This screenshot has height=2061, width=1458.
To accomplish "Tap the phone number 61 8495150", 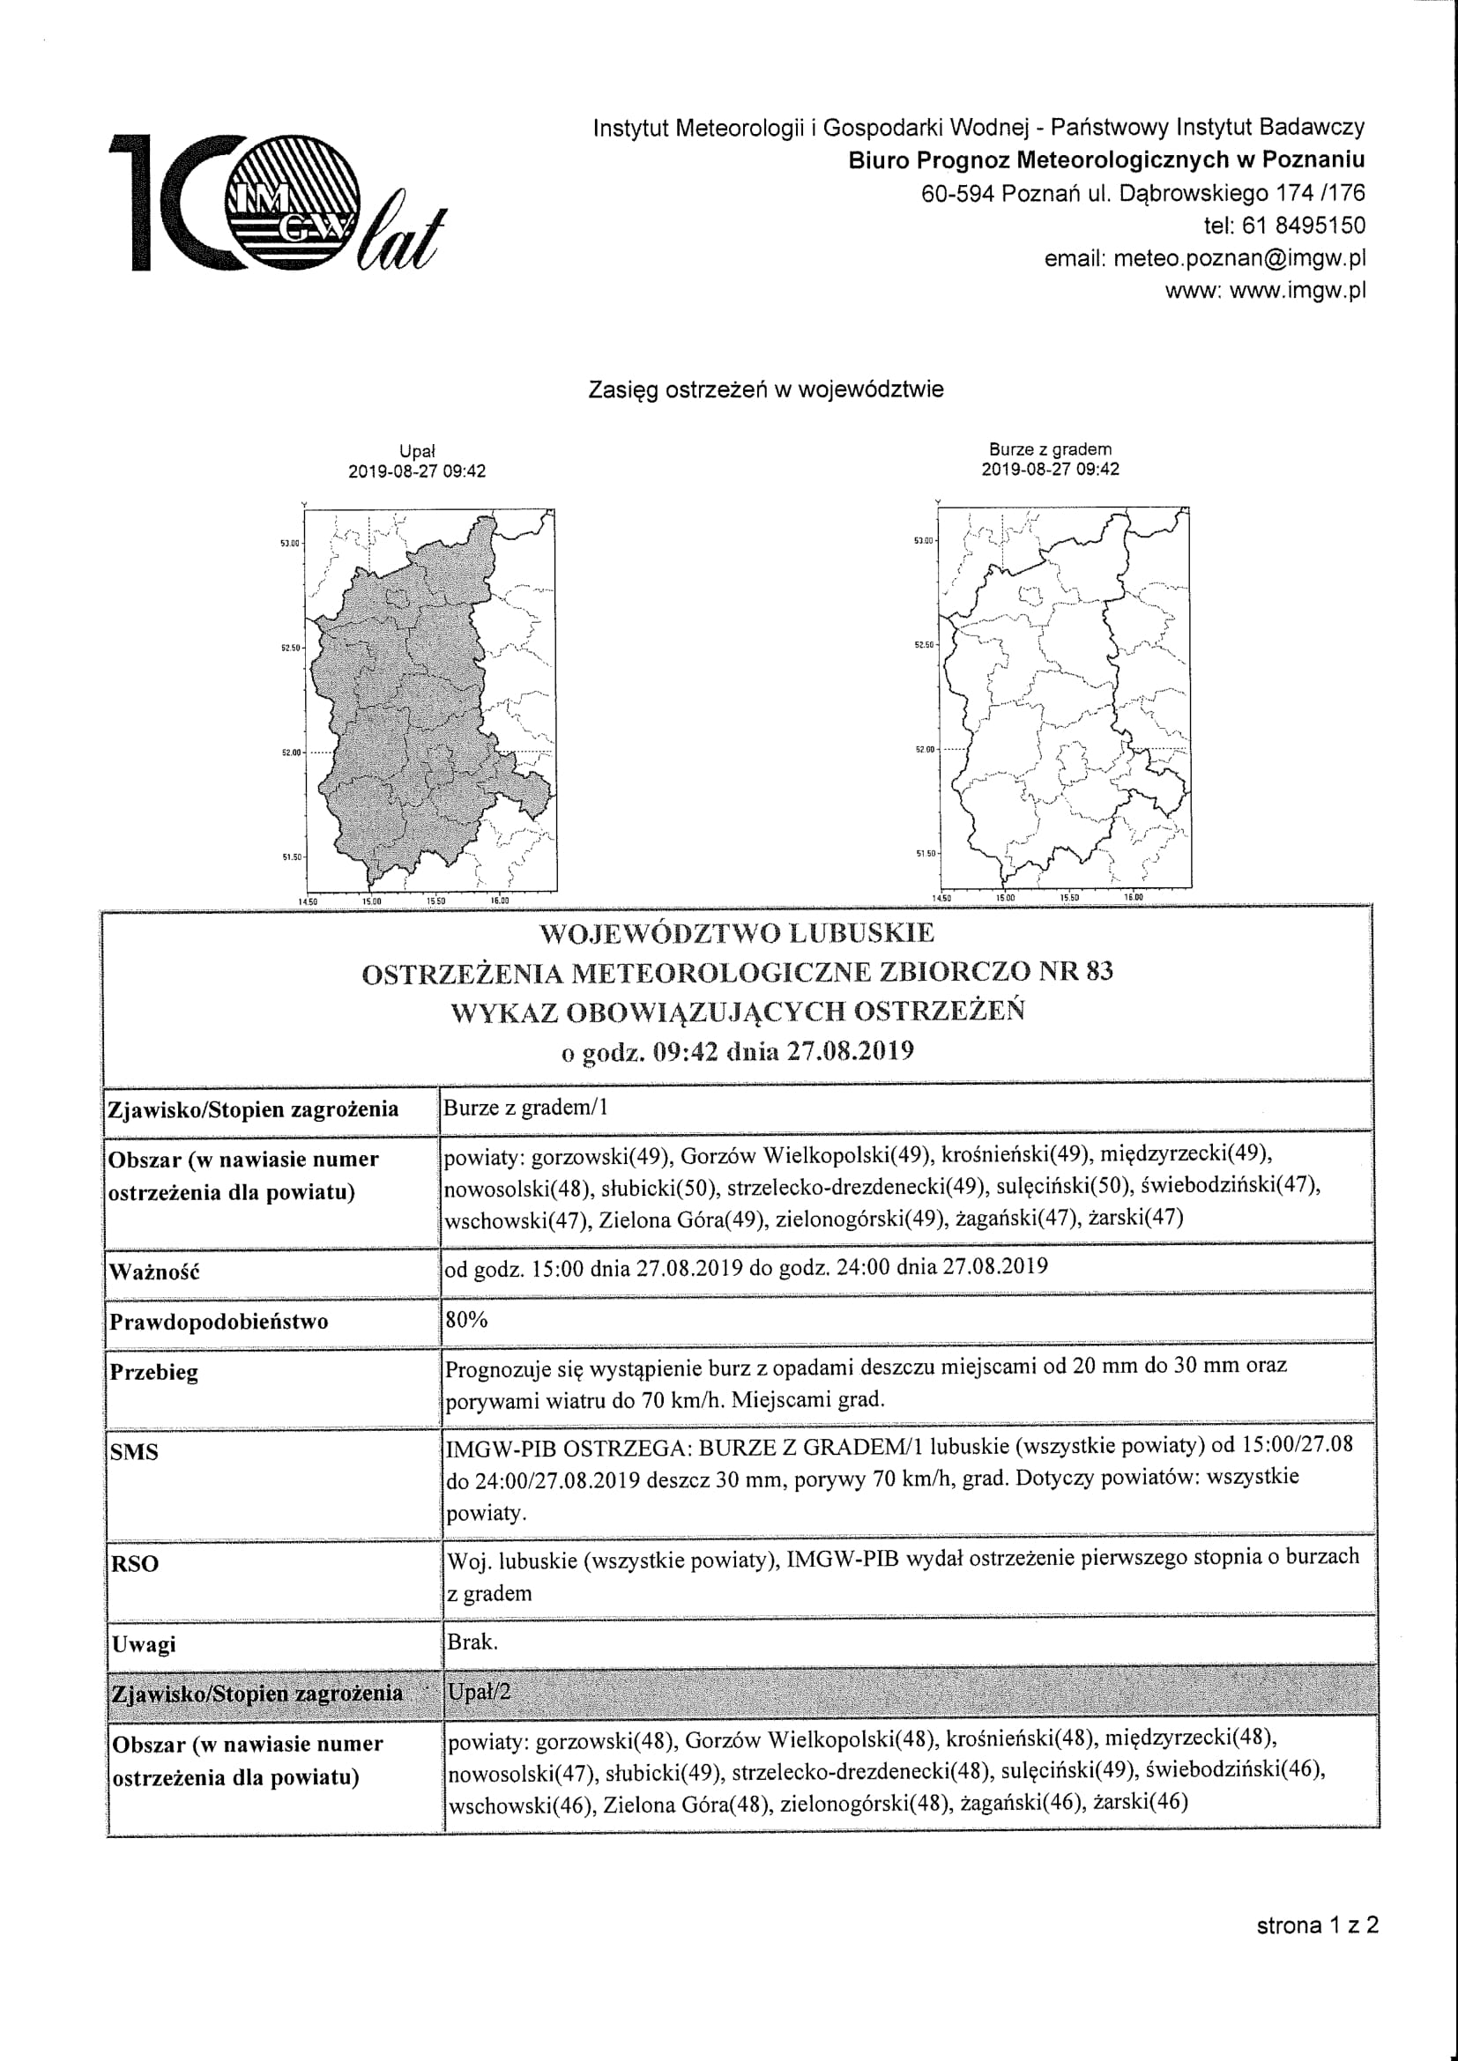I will point(1303,226).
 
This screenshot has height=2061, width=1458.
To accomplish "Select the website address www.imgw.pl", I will point(1298,291).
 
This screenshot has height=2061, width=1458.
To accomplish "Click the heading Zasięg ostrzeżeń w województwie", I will point(765,389).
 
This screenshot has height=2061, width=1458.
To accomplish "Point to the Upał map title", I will point(417,451).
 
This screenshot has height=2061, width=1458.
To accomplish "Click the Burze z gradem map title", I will point(1050,449).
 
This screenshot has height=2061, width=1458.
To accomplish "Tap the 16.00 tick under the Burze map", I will point(1133,897).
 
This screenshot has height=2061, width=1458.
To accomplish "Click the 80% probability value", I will point(466,1320).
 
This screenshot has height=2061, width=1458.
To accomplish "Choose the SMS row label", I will point(134,1451).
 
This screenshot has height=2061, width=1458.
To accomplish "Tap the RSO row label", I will point(134,1564).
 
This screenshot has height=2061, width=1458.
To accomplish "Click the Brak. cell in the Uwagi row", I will point(472,1642).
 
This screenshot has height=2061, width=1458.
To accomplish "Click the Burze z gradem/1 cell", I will point(525,1108).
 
